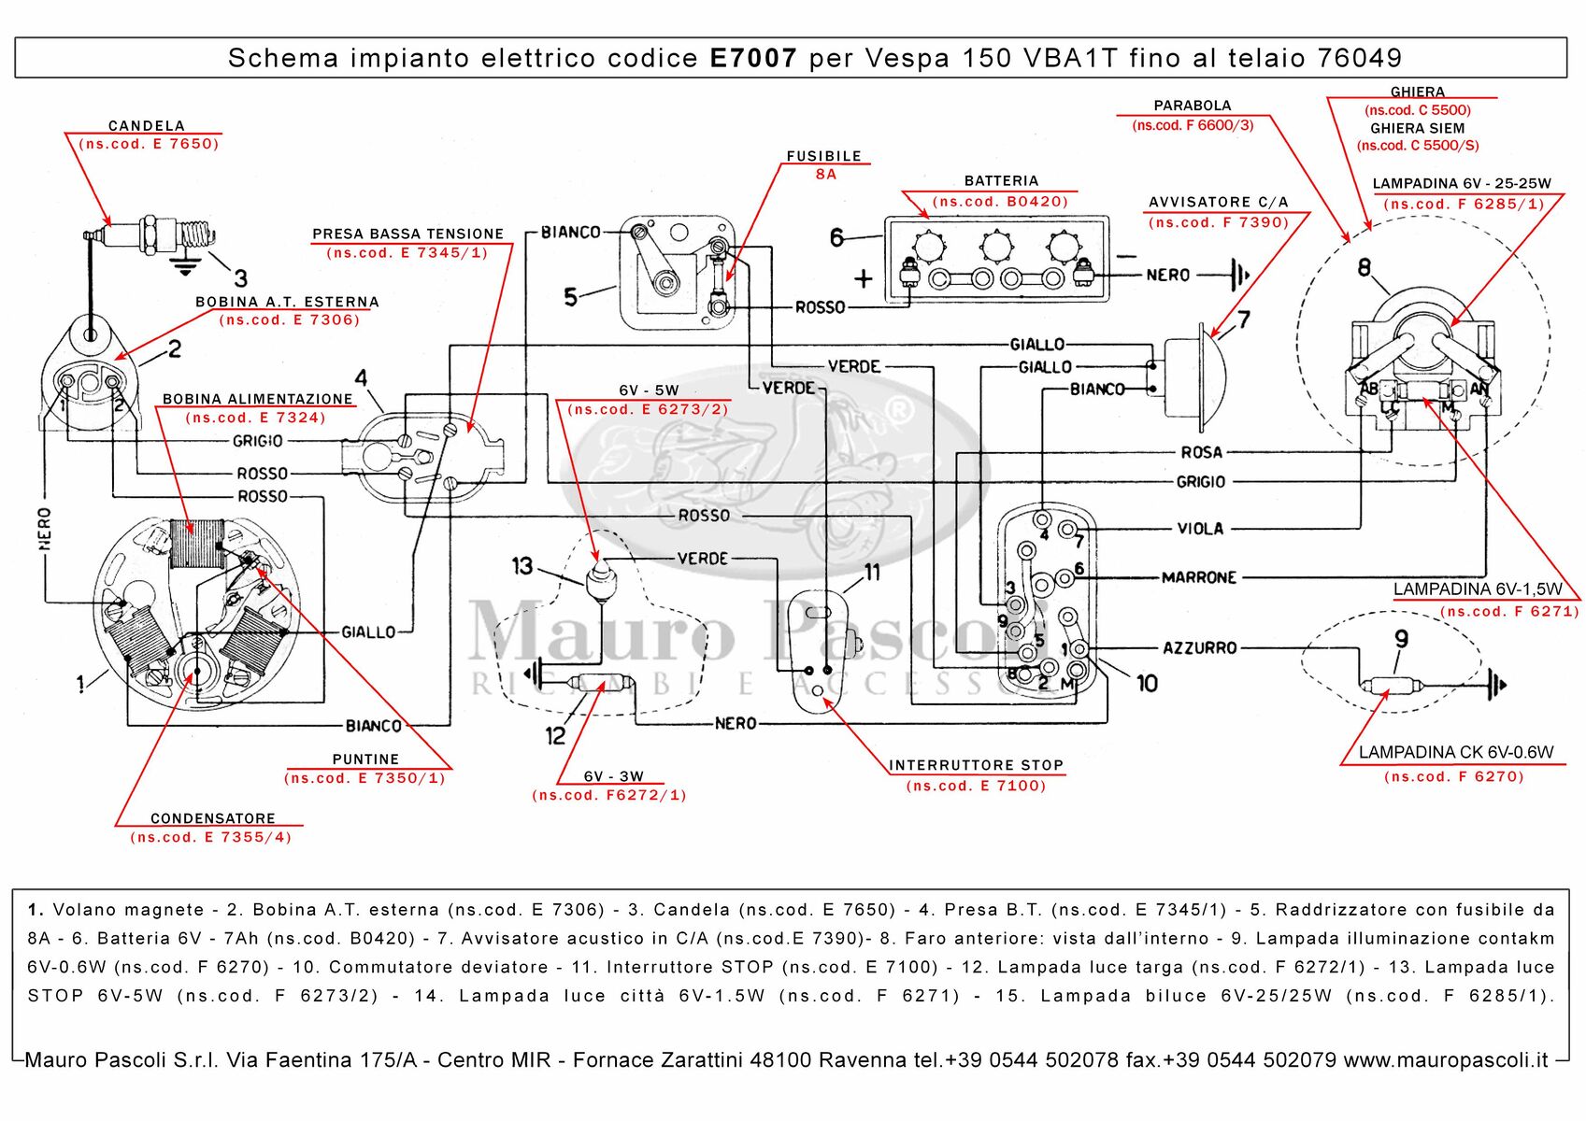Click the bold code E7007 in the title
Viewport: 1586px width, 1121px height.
pyautogui.click(x=753, y=58)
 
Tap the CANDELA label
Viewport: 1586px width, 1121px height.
pyautogui.click(x=147, y=125)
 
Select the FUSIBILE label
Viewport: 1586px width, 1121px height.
pyautogui.click(x=823, y=156)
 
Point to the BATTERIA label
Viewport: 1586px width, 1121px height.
pyautogui.click(x=1001, y=180)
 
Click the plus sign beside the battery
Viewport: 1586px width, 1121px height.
pyautogui.click(x=864, y=278)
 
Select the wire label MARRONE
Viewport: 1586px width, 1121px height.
pyautogui.click(x=1199, y=577)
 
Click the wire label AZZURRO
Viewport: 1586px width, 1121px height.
pyautogui.click(x=1200, y=647)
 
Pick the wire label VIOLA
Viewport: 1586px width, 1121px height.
pyautogui.click(x=1200, y=529)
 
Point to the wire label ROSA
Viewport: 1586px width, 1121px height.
pyautogui.click(x=1201, y=452)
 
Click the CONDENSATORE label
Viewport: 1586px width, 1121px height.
pyautogui.click(x=213, y=818)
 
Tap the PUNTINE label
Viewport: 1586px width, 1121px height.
pyautogui.click(x=365, y=759)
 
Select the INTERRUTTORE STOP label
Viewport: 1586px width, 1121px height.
pyautogui.click(x=976, y=765)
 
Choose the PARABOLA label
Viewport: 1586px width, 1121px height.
pyautogui.click(x=1192, y=106)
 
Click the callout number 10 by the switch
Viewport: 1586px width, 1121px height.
pyautogui.click(x=1147, y=684)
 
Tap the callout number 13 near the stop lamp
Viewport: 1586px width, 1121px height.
pyautogui.click(x=522, y=565)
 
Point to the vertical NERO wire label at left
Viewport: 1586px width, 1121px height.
pyautogui.click(x=45, y=529)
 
